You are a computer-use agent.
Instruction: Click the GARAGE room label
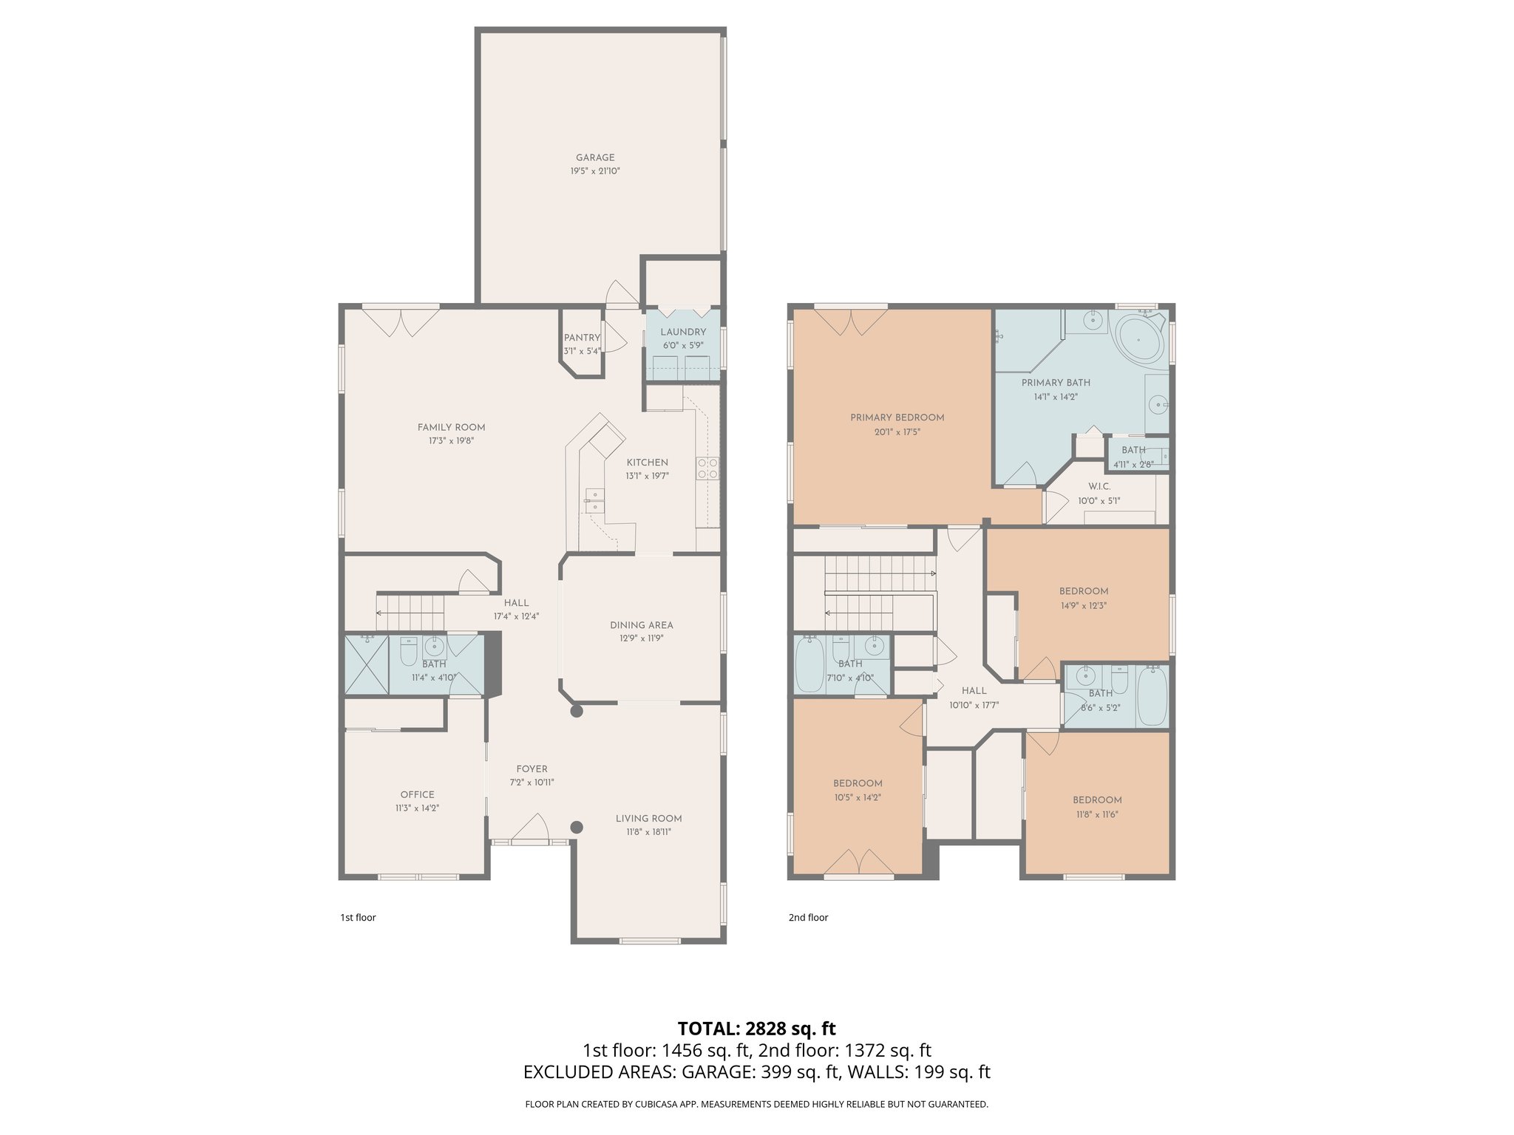(595, 157)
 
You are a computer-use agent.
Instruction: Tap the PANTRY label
(582, 338)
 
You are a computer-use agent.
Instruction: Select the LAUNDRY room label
(683, 332)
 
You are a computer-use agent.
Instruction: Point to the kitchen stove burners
(707, 468)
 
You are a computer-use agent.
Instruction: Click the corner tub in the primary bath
(1139, 339)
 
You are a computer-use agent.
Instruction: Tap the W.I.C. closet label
(1099, 487)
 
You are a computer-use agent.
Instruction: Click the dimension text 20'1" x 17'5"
(897, 432)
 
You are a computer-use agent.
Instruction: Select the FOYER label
(532, 769)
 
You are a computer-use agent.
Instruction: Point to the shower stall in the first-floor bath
(367, 664)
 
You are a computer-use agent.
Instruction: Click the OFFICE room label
(417, 795)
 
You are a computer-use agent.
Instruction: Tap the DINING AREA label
(641, 625)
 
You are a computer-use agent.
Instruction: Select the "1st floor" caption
(358, 918)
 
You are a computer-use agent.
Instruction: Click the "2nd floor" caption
(808, 918)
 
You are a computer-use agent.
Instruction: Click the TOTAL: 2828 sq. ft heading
(756, 1029)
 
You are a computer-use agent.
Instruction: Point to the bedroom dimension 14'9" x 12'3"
(1083, 606)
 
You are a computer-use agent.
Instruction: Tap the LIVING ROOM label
(648, 819)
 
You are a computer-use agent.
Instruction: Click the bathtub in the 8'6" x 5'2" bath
(1152, 696)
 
